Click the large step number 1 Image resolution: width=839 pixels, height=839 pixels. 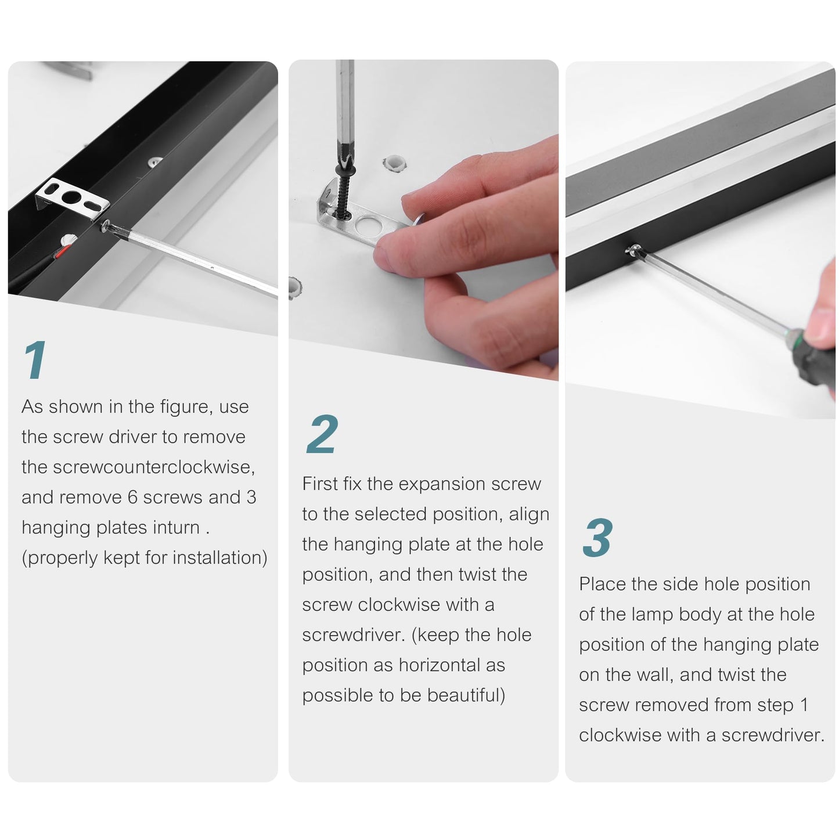click(35, 359)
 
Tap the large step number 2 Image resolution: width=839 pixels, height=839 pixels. click(322, 434)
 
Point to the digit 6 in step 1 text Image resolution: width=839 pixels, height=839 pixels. click(133, 497)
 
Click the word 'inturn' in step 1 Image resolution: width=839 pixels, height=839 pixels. click(173, 527)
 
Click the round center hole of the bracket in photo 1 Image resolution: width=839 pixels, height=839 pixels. click(71, 197)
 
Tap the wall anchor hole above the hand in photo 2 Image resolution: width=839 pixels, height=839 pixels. click(394, 163)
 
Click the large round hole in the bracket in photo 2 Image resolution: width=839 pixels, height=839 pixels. click(368, 226)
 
